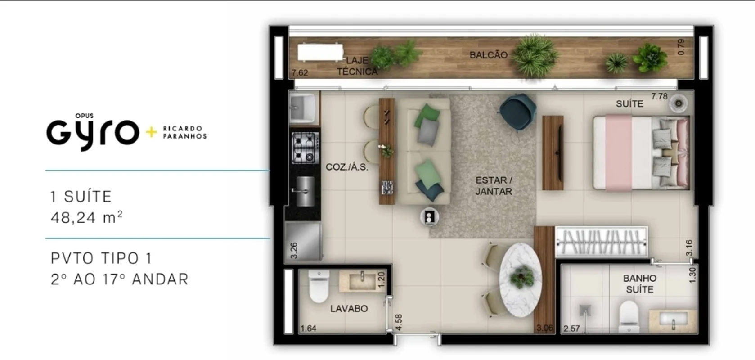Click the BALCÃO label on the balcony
click(488, 55)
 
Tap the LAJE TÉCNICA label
click(357, 66)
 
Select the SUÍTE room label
click(629, 104)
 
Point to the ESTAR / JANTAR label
click(494, 186)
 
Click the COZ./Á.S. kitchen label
click(347, 167)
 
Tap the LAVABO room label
click(349, 308)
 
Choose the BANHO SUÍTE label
click(640, 284)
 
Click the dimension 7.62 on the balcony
click(300, 73)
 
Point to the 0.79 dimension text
click(681, 47)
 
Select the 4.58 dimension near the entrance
click(398, 323)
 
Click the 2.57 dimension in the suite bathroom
click(571, 328)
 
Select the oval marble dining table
click(521, 280)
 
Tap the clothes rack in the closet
click(602, 242)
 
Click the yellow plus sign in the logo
click(151, 132)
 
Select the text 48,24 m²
click(87, 217)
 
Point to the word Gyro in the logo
click(93, 133)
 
